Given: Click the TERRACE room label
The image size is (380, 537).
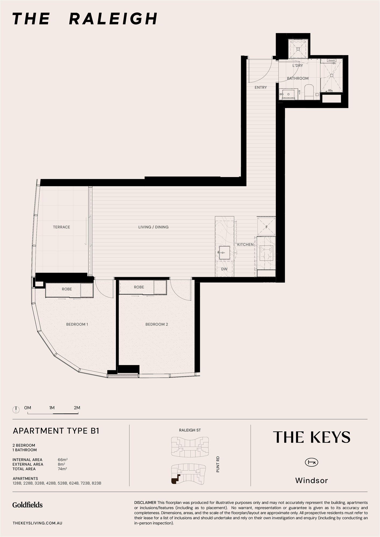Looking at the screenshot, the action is point(62,227).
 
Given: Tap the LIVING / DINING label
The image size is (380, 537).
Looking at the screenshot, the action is point(153,227).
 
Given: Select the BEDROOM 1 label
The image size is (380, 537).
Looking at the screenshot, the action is point(77,324).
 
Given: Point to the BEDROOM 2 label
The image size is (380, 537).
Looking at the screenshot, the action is point(157,324).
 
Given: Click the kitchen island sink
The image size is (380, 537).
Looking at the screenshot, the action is point(224,253).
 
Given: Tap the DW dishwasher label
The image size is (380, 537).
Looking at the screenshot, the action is point(224,269).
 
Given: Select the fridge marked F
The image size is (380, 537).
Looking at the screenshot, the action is point(267,227).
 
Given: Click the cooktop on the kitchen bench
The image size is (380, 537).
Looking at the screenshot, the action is point(266,253).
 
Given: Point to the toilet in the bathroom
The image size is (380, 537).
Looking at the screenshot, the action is point(309,92).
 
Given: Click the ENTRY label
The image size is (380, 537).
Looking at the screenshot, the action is point(261,87).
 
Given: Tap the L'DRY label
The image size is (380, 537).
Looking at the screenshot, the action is point(298,66).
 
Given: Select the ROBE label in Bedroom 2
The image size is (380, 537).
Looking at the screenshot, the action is point(139,287).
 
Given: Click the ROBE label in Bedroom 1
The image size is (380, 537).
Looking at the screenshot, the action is point(67,289).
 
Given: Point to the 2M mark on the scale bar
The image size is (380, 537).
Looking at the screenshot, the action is point(77,408).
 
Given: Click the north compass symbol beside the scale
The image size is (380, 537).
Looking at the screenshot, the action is point(16,410).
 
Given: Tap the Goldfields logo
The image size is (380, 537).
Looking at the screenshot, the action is point(27,505).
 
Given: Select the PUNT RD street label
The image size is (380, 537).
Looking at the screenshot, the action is point(218,464).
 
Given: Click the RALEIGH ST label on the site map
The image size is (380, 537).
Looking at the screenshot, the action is point(190,430).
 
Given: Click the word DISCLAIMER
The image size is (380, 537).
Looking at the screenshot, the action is point(145,502).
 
